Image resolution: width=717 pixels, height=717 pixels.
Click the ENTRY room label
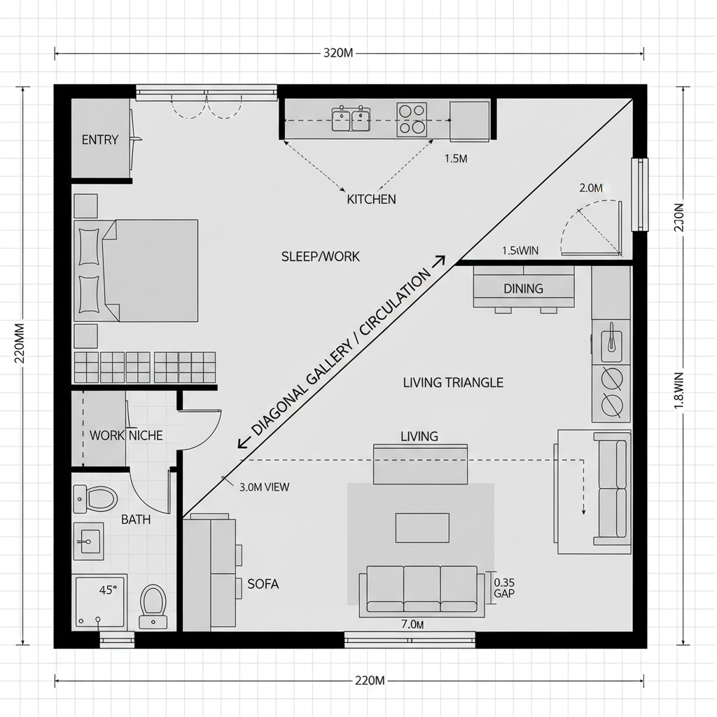tap(100, 139)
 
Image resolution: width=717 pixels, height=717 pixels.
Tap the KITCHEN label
tap(371, 199)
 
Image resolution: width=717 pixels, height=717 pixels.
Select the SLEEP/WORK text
tap(320, 256)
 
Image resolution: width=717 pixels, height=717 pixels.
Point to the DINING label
tap(523, 288)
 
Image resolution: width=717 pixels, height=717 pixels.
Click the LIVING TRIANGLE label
tap(453, 382)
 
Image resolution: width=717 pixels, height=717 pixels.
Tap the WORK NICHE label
tap(126, 436)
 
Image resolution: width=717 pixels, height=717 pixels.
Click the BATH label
tap(136, 520)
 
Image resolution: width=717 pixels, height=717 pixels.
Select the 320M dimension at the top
tap(337, 54)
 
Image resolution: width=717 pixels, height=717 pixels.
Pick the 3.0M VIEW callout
tap(264, 487)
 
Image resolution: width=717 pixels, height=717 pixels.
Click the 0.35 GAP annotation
tap(504, 587)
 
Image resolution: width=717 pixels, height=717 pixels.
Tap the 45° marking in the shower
tap(106, 590)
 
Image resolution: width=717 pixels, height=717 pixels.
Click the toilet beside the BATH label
tap(96, 499)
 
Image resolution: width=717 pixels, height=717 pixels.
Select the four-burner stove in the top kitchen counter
tap(412, 118)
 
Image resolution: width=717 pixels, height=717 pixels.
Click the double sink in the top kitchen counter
tap(351, 119)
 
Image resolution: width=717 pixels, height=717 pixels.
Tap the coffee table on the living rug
tap(422, 527)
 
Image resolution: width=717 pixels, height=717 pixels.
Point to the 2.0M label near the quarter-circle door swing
tap(591, 188)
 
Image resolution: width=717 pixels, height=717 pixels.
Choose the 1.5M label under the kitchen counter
tap(456, 158)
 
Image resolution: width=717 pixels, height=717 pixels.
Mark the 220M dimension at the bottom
tap(370, 680)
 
